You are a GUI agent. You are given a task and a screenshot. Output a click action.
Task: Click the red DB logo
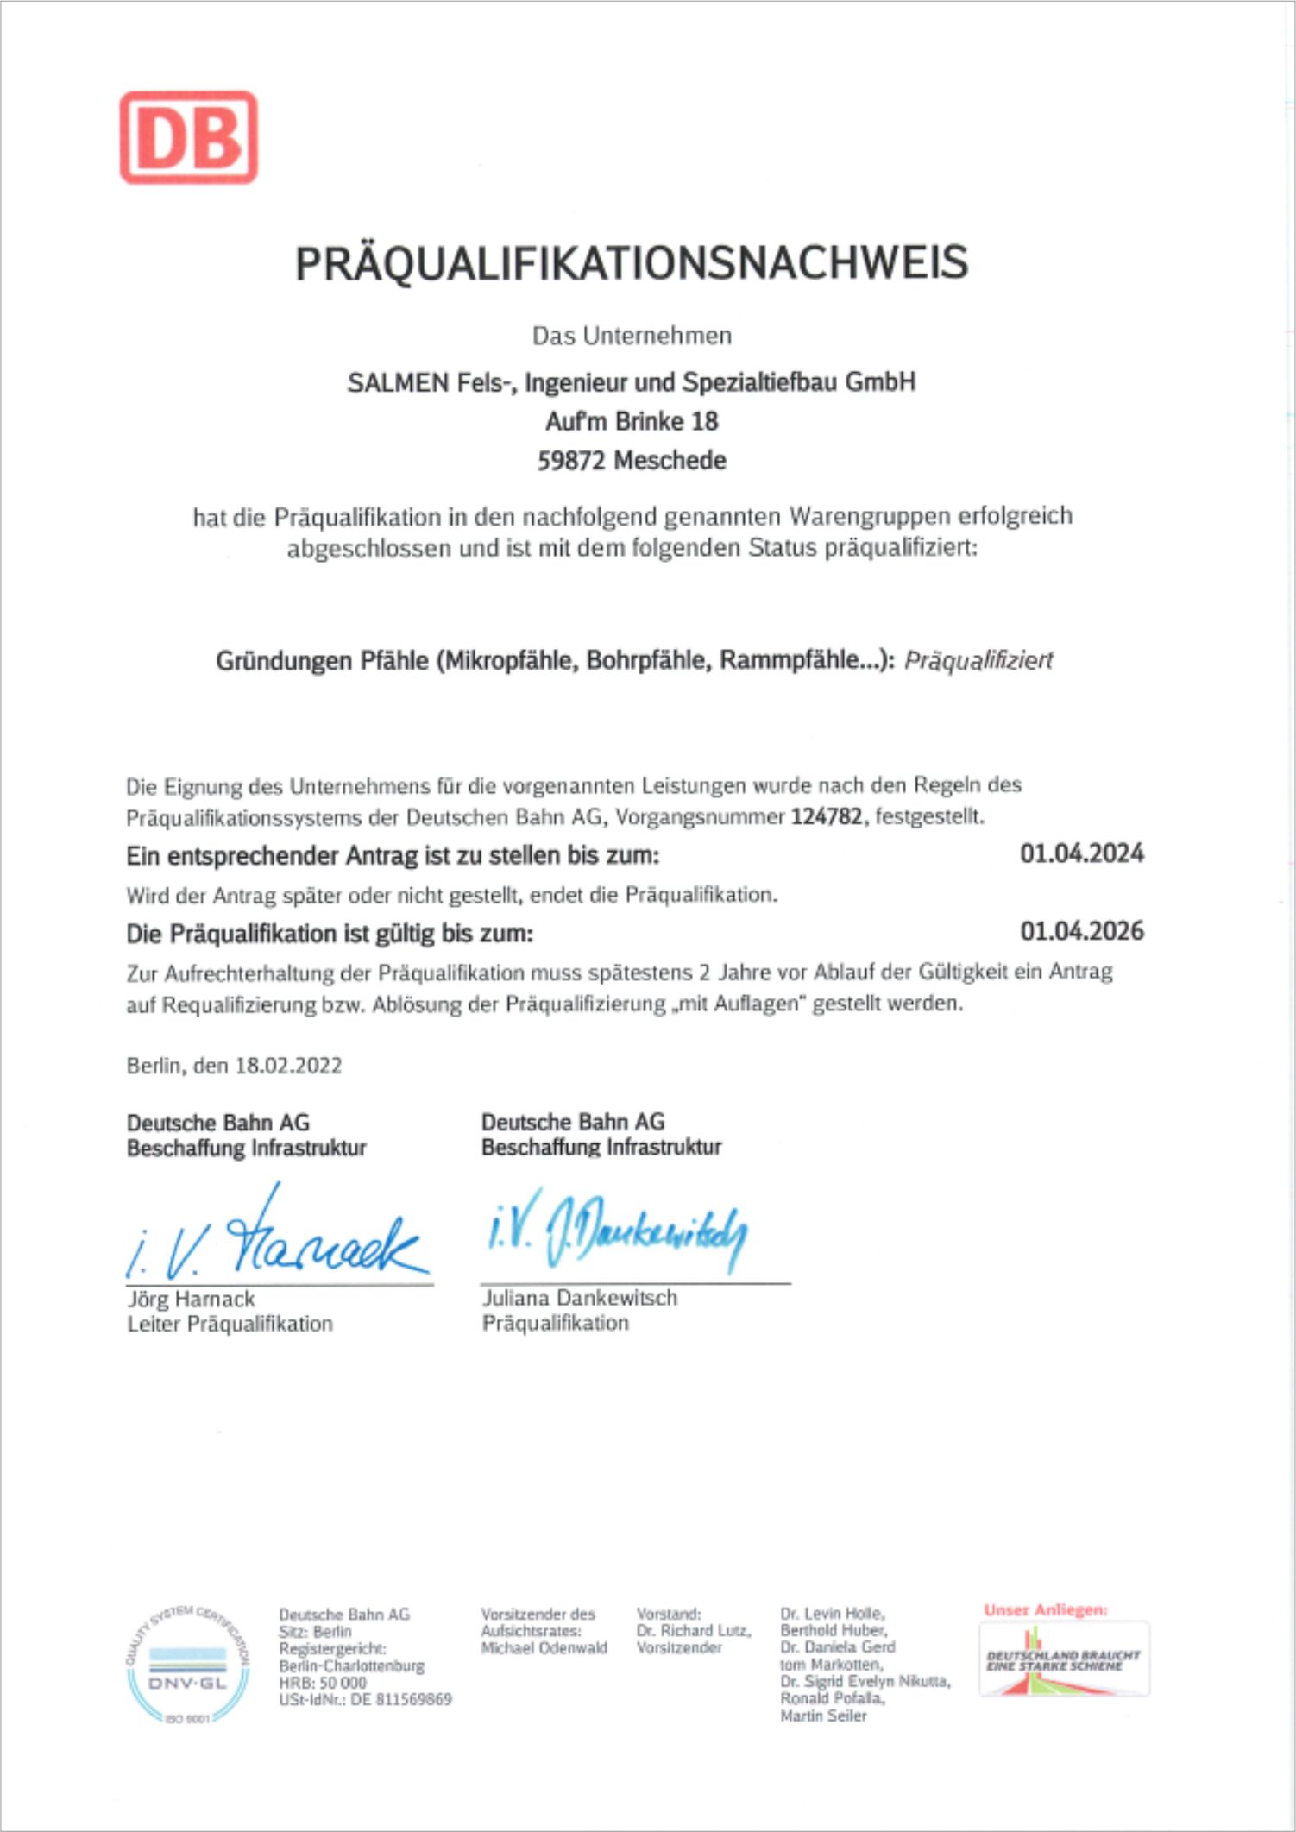click(x=188, y=137)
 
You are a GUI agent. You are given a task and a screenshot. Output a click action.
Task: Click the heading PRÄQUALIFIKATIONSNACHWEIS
click(x=632, y=263)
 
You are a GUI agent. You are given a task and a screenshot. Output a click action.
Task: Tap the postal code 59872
click(x=570, y=461)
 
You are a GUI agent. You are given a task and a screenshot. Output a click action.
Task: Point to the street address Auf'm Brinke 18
click(x=632, y=421)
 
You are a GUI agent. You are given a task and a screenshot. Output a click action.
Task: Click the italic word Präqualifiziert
click(x=978, y=661)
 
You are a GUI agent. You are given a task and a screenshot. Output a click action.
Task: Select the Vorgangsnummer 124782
click(x=826, y=816)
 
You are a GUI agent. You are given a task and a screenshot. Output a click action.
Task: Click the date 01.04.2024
click(x=1082, y=853)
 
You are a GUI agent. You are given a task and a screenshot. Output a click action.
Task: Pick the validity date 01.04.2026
click(x=1082, y=931)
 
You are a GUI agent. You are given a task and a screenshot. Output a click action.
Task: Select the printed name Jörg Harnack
click(x=191, y=1299)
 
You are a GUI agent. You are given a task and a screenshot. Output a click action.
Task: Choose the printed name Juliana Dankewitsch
click(x=579, y=1298)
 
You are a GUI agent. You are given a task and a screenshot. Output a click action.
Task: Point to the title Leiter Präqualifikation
click(x=230, y=1324)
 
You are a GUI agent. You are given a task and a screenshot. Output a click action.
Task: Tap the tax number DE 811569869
click(x=401, y=1699)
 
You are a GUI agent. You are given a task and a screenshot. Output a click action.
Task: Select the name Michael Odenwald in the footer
click(x=544, y=1647)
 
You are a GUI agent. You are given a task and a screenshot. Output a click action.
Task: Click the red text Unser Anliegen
click(x=1045, y=1609)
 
